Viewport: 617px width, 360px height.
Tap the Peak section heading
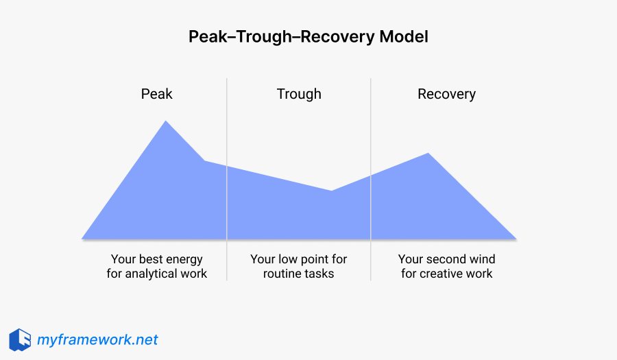(157, 94)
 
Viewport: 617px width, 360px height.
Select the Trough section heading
(299, 94)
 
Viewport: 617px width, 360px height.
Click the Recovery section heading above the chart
(446, 94)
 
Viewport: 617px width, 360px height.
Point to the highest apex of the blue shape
(165, 122)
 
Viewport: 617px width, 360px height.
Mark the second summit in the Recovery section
(428, 154)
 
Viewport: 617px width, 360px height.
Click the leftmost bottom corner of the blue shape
(83, 239)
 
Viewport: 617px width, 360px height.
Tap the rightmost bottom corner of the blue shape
(515, 239)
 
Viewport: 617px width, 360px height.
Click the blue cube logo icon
(20, 339)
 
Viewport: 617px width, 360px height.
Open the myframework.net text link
(97, 339)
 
